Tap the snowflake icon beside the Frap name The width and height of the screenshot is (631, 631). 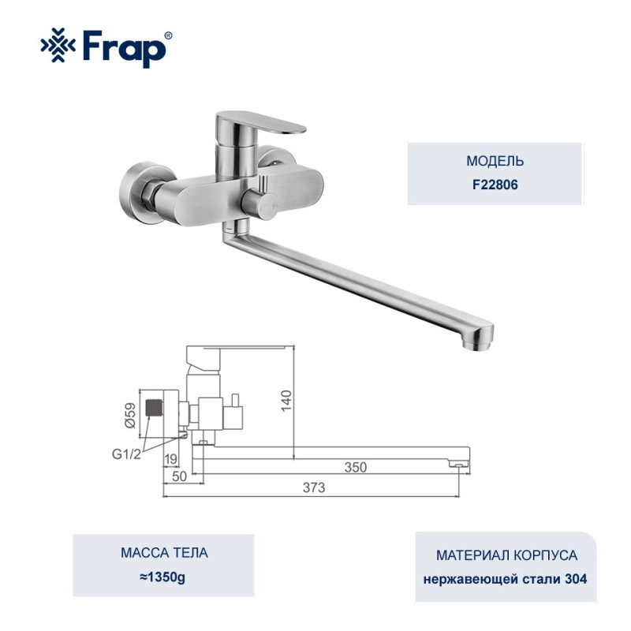coord(58,45)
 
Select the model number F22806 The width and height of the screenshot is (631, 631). coord(495,185)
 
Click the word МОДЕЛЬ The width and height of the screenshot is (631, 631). coord(495,161)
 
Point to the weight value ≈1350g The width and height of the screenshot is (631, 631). coord(163,577)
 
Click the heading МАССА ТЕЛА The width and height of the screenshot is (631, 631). coord(164,553)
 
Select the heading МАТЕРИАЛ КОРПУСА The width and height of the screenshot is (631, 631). coord(506,555)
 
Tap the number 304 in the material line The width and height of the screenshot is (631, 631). coord(576,579)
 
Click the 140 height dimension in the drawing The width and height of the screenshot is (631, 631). coord(286,401)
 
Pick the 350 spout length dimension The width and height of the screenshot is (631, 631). coord(356,467)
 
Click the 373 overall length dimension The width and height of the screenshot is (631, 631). coord(314,487)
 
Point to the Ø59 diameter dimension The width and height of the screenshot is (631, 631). coord(130,415)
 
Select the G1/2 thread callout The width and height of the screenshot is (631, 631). coord(126,454)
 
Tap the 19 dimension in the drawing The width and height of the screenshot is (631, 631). coord(171,459)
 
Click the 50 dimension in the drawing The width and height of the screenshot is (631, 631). coord(180,476)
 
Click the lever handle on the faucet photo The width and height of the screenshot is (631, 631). coord(261,123)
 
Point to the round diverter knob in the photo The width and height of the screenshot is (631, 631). coord(262,205)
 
